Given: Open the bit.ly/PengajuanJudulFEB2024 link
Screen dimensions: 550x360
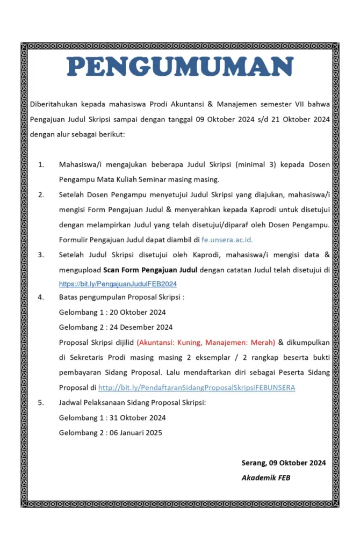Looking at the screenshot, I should (118, 284).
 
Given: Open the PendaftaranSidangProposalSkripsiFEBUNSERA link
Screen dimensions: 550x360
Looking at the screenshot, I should (197, 387).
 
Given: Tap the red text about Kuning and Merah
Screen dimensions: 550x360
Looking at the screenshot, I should (206, 342).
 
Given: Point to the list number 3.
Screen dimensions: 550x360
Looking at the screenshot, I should (41, 255).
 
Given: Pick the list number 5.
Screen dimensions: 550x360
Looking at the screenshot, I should (41, 402).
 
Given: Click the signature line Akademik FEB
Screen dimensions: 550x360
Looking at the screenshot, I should (265, 477).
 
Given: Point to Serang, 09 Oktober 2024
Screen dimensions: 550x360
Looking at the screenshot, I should (284, 462).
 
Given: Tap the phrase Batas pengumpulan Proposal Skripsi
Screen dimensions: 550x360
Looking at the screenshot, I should (121, 298).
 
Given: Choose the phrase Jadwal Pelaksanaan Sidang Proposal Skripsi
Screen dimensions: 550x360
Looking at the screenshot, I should (132, 402).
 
